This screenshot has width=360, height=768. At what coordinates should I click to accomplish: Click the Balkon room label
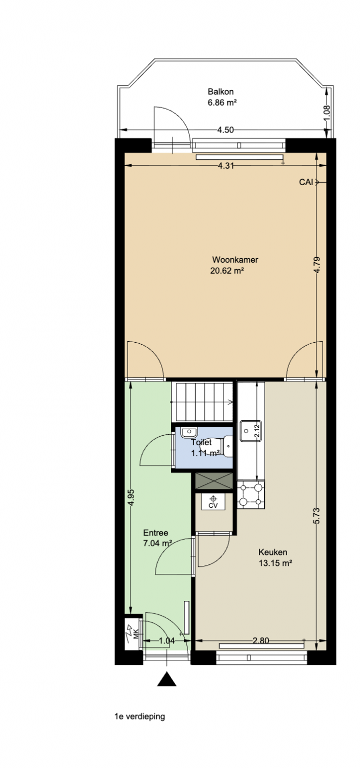[x=220, y=92]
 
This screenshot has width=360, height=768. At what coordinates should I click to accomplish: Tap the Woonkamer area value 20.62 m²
[x=227, y=271]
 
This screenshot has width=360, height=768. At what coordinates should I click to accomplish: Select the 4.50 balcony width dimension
[x=225, y=130]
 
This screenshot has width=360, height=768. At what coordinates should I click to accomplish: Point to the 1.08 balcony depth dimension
[x=326, y=113]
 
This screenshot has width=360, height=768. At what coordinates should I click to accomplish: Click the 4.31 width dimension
[x=226, y=166]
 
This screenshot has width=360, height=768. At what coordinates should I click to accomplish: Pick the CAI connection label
[x=306, y=182]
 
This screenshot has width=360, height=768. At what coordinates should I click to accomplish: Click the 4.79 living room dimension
[x=317, y=265]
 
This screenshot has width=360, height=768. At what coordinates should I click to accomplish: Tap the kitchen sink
[x=250, y=431]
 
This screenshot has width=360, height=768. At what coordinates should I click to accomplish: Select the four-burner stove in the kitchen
[x=251, y=494]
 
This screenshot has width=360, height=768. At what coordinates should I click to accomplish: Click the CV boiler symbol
[x=213, y=502]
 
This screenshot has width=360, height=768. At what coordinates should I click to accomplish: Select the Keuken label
[x=272, y=552]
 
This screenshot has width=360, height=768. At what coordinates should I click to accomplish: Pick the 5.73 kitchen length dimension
[x=316, y=515]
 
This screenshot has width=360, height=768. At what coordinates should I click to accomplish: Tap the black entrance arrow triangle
[x=167, y=679]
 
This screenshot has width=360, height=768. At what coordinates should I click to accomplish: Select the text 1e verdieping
[x=140, y=716]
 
